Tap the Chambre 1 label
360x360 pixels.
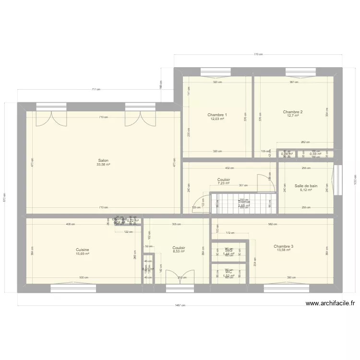coord(217,115)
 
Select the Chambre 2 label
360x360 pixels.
coord(293,112)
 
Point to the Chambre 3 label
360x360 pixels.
coord(284,246)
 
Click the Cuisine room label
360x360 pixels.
coord(83,250)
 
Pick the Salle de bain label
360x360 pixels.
coord(306,186)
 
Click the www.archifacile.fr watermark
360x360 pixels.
coord(330,303)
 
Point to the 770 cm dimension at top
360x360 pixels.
coord(258,55)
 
